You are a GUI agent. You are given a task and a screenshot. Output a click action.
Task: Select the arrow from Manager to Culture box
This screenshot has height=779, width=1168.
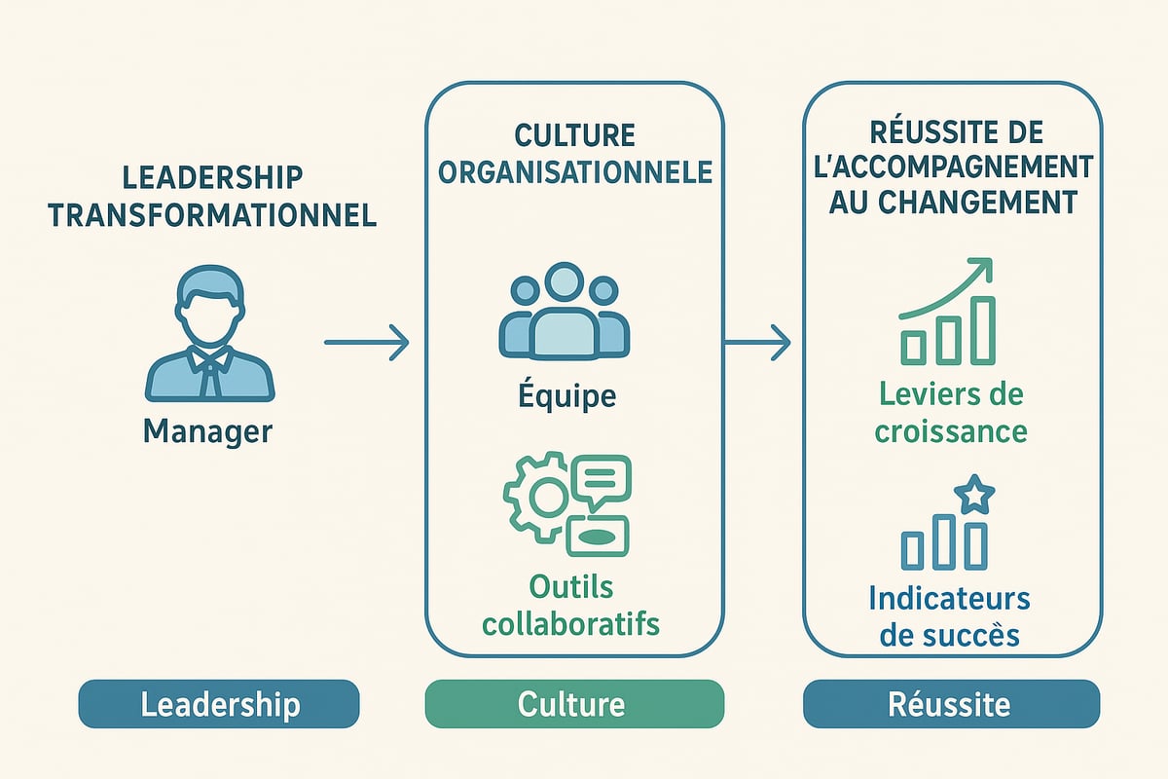pyautogui.click(x=366, y=342)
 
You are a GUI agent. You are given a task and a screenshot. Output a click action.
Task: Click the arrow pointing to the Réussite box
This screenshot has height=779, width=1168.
pyautogui.click(x=757, y=342)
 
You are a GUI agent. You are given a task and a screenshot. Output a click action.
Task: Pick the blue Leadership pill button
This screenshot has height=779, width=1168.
pyautogui.click(x=219, y=704)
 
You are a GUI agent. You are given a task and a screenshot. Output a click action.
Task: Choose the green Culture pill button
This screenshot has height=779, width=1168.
pyautogui.click(x=574, y=704)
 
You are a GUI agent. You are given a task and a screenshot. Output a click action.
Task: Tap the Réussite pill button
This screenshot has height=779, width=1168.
pyautogui.click(x=951, y=704)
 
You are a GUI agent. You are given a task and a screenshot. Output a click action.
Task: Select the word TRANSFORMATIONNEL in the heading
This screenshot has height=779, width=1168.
pyautogui.click(x=212, y=214)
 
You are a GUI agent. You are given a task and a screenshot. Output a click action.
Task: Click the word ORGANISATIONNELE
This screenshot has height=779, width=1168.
pyautogui.click(x=575, y=172)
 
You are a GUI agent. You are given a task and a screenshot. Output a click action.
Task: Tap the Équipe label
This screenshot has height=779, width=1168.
pyautogui.click(x=567, y=396)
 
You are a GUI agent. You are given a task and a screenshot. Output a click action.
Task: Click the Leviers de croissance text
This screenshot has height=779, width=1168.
pyautogui.click(x=952, y=412)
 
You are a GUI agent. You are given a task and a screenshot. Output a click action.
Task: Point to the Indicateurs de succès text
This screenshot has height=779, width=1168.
pyautogui.click(x=949, y=616)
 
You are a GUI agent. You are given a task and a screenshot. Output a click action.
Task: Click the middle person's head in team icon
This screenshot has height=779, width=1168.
pyautogui.click(x=563, y=283)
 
